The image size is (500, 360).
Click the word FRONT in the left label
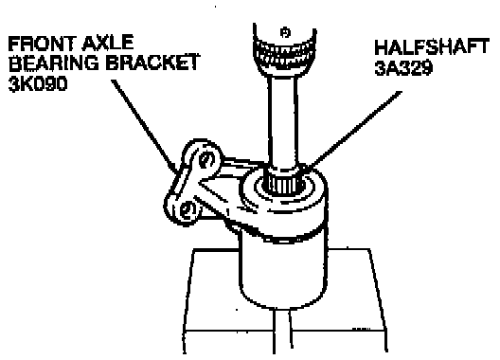pos(43,44)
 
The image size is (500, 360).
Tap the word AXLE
pos(108,43)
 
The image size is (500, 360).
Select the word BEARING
pos(54,63)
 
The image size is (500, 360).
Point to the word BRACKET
pos(152,63)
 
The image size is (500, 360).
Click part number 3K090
pos(38,83)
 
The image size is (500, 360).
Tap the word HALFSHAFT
pos(432,46)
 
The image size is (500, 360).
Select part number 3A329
pos(403,67)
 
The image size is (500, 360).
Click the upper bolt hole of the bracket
pos(206,159)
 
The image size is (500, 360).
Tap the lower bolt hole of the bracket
pos(187,211)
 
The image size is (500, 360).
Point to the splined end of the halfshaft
pos(283,185)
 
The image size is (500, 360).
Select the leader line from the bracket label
pos(145,125)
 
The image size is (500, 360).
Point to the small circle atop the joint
pos(285,32)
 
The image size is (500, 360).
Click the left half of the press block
pos(228,300)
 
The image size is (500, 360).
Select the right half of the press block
pos(338,300)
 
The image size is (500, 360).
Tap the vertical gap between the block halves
pos(282,332)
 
